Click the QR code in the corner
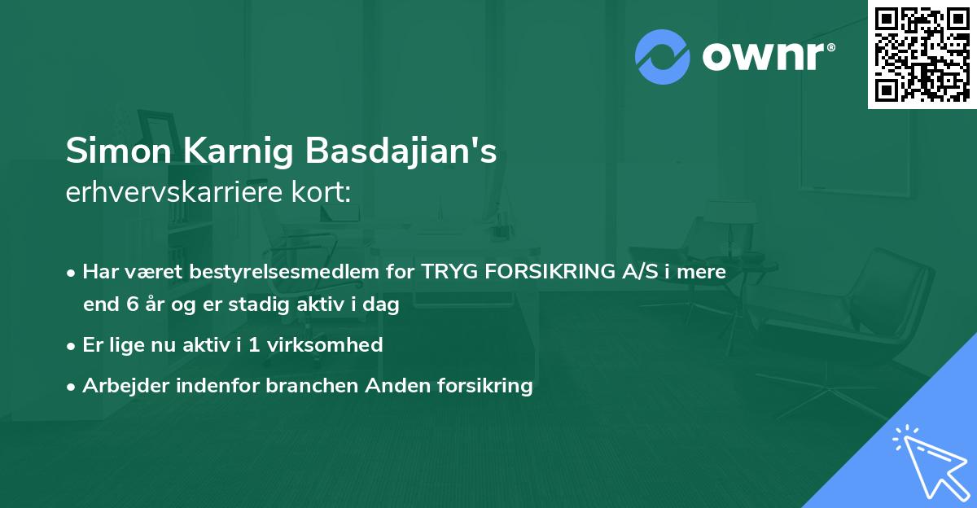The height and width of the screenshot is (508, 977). tap(922, 55)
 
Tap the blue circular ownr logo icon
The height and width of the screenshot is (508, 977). tap(662, 56)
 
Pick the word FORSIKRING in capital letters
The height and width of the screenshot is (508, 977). tap(548, 272)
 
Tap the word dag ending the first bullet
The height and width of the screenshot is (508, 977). tap(383, 306)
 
